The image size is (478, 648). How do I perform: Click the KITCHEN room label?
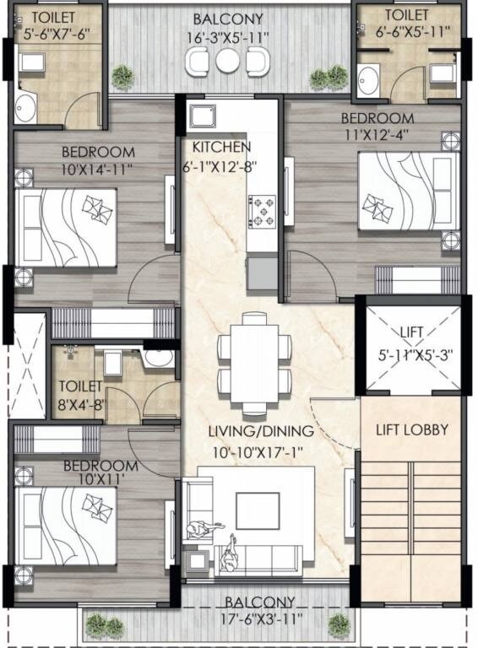[x=221, y=147]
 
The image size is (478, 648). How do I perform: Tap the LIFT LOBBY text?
[x=411, y=429]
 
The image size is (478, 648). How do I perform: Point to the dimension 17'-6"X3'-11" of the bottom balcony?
[x=260, y=618]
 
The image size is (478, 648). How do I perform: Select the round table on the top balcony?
[x=227, y=61]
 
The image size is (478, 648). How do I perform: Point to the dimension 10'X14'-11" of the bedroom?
[x=97, y=169]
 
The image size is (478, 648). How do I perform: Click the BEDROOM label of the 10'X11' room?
[x=100, y=466]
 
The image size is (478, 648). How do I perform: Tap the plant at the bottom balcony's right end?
[x=339, y=624]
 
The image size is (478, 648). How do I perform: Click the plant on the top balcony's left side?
[x=122, y=77]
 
